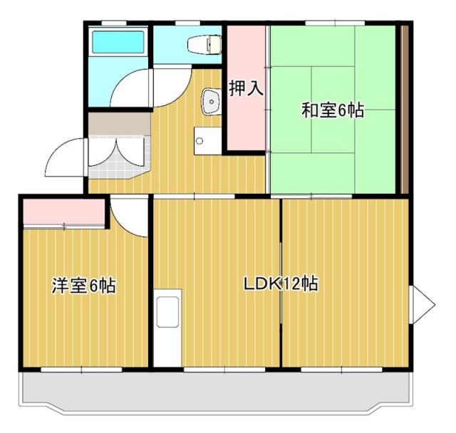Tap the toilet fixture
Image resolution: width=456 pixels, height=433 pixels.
[203, 45]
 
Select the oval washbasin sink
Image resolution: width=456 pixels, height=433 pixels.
[210, 102]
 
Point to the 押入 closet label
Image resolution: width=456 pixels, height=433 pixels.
[246, 89]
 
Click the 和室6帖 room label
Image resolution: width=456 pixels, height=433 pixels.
[332, 110]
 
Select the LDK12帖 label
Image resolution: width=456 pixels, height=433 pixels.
[280, 284]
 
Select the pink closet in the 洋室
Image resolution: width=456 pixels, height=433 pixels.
[63, 213]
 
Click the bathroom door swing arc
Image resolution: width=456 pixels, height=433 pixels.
[132, 89]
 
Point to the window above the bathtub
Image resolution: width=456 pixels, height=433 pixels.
[118, 23]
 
